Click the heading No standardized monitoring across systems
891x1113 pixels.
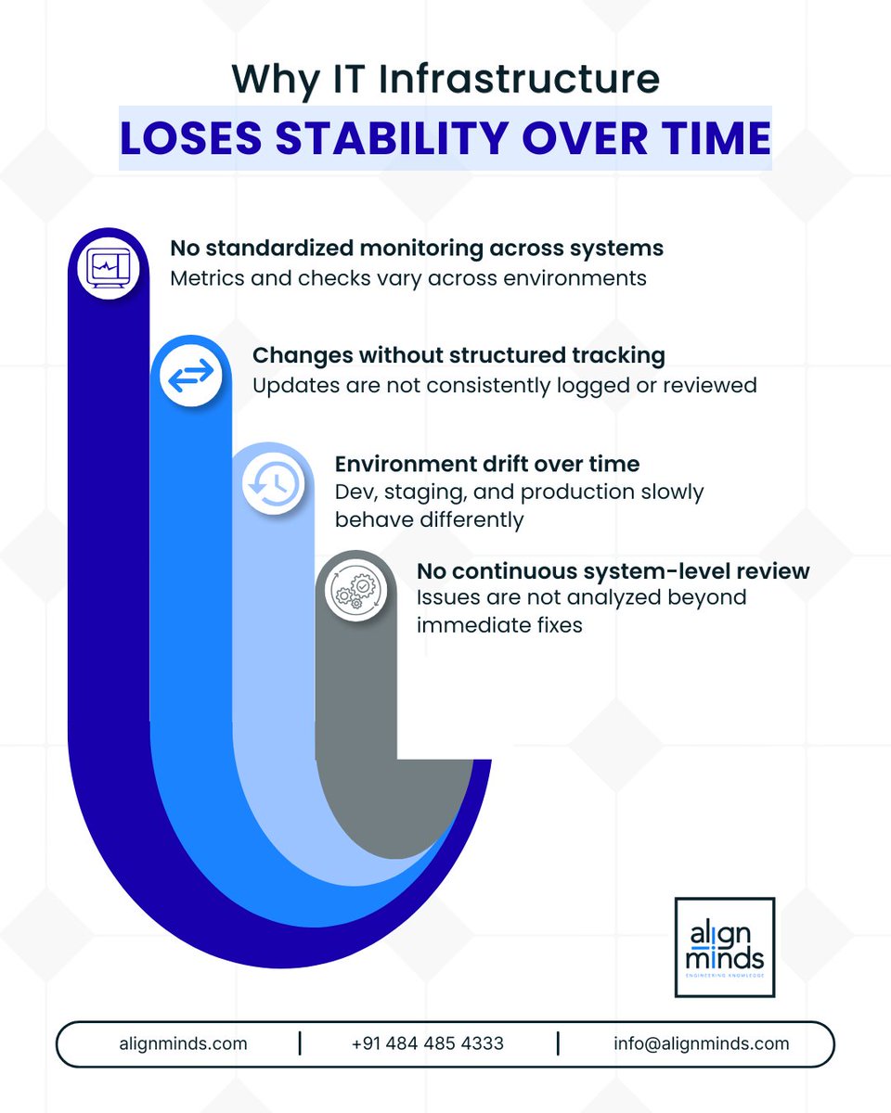click(x=417, y=249)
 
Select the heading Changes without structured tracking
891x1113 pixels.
click(x=459, y=355)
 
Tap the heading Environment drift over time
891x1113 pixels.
click(x=487, y=463)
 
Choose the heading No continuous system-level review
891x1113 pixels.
click(x=613, y=570)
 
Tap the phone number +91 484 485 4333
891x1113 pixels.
click(x=428, y=1043)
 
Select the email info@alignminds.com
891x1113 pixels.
click(x=701, y=1043)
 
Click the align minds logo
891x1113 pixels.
click(x=725, y=947)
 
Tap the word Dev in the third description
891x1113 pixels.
click(x=354, y=492)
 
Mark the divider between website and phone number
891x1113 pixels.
click(x=300, y=1043)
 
